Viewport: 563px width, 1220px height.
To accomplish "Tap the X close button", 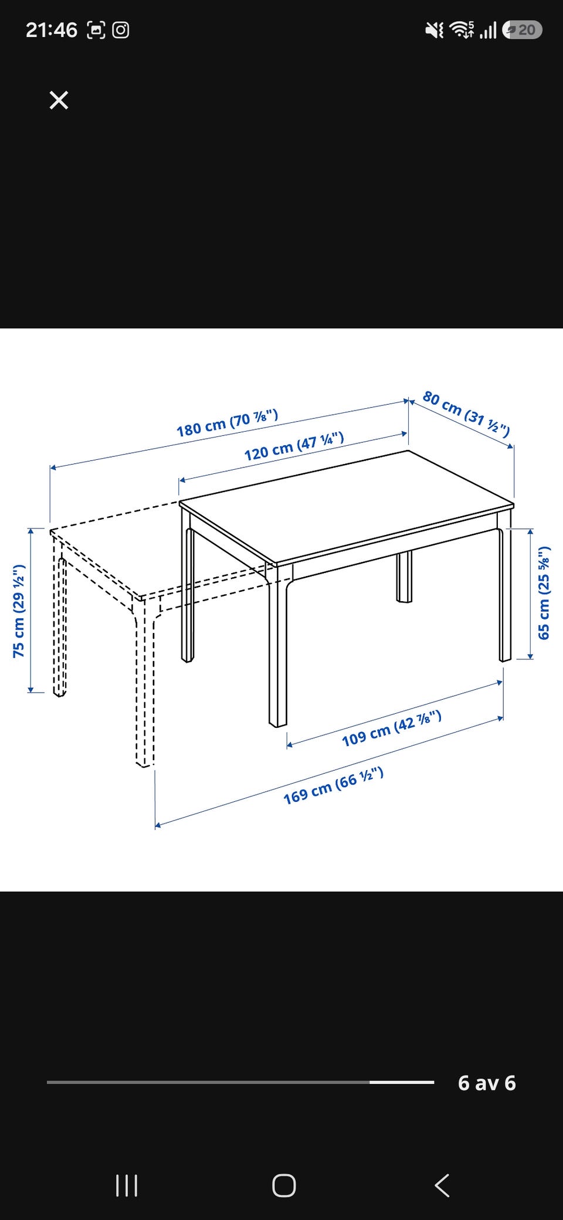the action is click(59, 100).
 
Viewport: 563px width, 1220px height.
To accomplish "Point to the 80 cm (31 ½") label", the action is click(466, 414).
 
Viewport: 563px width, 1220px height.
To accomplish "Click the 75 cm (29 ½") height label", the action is click(19, 611).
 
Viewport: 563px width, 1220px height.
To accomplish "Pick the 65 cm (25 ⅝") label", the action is click(544, 592).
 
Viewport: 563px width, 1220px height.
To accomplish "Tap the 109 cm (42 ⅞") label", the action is click(392, 728).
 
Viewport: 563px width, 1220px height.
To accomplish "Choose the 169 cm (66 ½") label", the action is click(333, 786).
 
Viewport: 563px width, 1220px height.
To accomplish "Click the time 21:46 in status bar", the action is click(52, 30).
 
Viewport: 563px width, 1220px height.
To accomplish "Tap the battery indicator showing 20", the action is click(522, 30).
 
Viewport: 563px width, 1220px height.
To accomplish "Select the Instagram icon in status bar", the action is click(121, 30).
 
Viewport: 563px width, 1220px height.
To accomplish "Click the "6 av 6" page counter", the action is click(487, 1083).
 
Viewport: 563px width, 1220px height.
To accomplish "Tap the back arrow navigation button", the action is click(442, 1185).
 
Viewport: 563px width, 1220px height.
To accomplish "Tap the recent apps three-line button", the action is click(127, 1185).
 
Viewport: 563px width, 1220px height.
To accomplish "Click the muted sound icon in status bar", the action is click(435, 30).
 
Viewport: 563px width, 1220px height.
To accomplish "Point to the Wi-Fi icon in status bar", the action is click(462, 30).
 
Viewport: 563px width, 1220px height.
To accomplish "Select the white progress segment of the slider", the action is click(402, 1082).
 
